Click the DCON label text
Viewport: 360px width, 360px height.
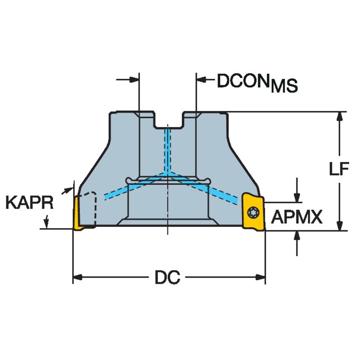click(243, 81)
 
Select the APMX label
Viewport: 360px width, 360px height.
click(296, 218)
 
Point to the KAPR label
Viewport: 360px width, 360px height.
click(30, 203)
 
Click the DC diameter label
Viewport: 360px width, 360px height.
click(167, 278)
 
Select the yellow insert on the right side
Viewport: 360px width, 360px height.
click(253, 211)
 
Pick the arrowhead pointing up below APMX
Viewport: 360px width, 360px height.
click(298, 236)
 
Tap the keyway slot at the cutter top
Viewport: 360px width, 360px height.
click(168, 121)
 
